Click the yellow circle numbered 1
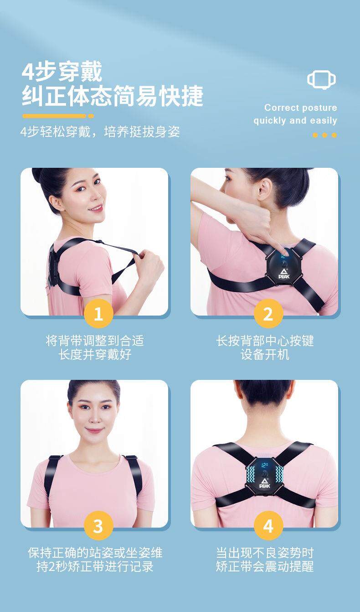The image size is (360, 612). [x=98, y=313]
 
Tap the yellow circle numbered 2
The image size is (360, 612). [x=268, y=313]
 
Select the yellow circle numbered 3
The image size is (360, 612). [x=98, y=526]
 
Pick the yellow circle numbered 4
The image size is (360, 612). [x=268, y=526]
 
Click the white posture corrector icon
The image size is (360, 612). [x=322, y=80]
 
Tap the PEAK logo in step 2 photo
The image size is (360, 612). [x=284, y=274]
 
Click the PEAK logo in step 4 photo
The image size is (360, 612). [x=264, y=483]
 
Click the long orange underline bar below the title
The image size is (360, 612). [x=54, y=116]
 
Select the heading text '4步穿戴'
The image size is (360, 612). [x=62, y=71]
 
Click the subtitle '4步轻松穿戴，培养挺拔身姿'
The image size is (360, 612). [x=100, y=132]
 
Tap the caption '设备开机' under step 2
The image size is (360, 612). [x=265, y=355]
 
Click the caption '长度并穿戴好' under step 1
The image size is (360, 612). [x=95, y=355]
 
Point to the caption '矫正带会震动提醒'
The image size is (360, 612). [x=265, y=566]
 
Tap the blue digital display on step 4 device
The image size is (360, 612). [x=264, y=465]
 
